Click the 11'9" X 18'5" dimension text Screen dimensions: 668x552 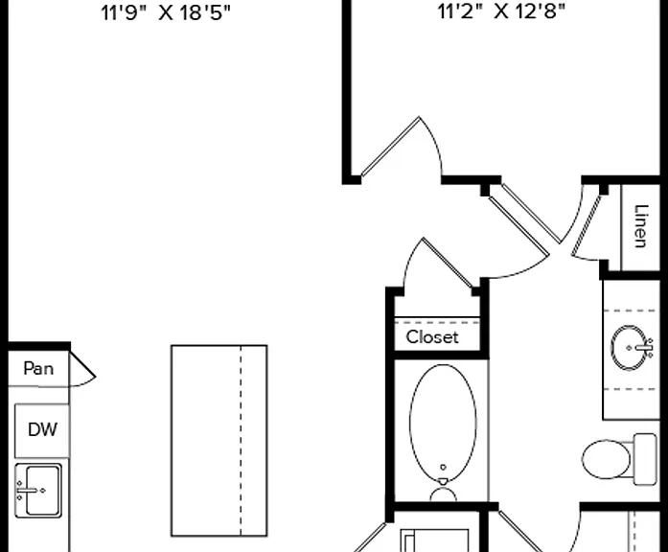click(x=165, y=12)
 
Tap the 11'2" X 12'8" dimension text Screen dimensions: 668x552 click(x=501, y=11)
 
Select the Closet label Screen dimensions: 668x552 click(x=432, y=337)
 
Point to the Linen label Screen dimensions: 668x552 click(x=641, y=226)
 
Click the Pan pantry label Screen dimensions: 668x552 click(x=38, y=368)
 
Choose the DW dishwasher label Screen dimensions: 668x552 click(x=42, y=429)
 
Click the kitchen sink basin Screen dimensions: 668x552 click(x=42, y=491)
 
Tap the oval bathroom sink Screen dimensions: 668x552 click(x=629, y=348)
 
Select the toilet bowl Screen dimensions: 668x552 click(x=606, y=459)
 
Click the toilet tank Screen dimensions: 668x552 click(x=645, y=459)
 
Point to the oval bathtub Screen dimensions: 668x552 click(x=443, y=423)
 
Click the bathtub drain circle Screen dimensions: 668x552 click(x=443, y=468)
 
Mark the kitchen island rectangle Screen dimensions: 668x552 click(x=219, y=441)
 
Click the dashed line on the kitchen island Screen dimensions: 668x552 click(x=241, y=441)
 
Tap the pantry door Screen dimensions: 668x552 click(x=82, y=364)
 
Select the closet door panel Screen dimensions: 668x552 click(x=448, y=263)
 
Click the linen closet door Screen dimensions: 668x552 click(x=587, y=226)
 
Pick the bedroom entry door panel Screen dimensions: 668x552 click(x=390, y=146)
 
